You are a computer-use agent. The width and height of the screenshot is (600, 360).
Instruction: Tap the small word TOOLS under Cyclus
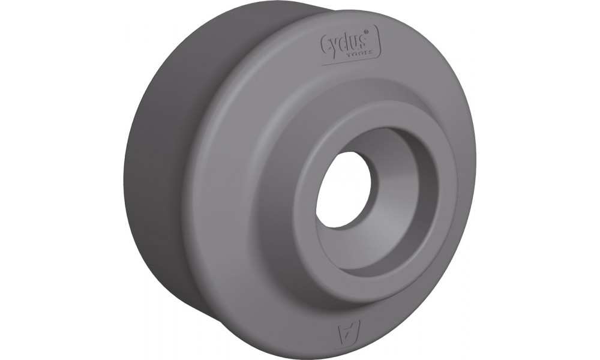(358, 55)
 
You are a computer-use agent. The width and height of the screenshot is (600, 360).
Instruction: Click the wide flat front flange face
(252, 210)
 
